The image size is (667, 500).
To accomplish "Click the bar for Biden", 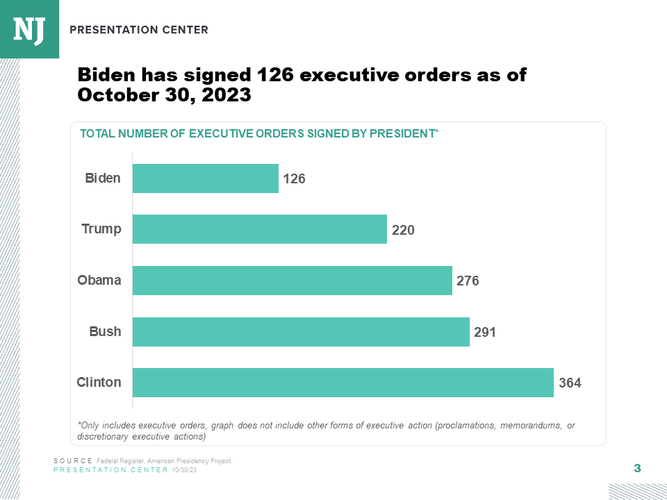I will coord(205,178).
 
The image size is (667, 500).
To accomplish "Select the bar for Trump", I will coord(259,229).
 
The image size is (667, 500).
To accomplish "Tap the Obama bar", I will coord(292,281).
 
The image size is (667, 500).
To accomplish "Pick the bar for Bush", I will coord(301,332).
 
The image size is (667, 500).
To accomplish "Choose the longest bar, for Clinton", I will coord(343,383).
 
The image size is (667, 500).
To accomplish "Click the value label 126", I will coord(295,179).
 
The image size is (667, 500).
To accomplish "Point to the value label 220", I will coord(403,230).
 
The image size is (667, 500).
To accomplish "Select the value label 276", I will coord(468,281).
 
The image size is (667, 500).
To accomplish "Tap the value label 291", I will coord(485,333).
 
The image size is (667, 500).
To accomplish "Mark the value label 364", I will coord(570,383).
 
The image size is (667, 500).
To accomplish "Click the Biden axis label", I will coord(103,178).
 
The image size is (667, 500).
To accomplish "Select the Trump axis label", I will coord(101,228).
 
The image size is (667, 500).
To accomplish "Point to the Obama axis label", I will coord(99,280).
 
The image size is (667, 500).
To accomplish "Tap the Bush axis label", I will coord(105,331).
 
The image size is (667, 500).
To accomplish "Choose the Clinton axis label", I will coord(99,382).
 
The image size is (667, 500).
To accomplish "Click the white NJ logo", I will coord(29,29).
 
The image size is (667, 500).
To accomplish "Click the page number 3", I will coord(637,468).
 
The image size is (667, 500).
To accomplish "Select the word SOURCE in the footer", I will coord(73,461).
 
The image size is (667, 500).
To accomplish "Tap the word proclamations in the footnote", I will coord(466,425).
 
